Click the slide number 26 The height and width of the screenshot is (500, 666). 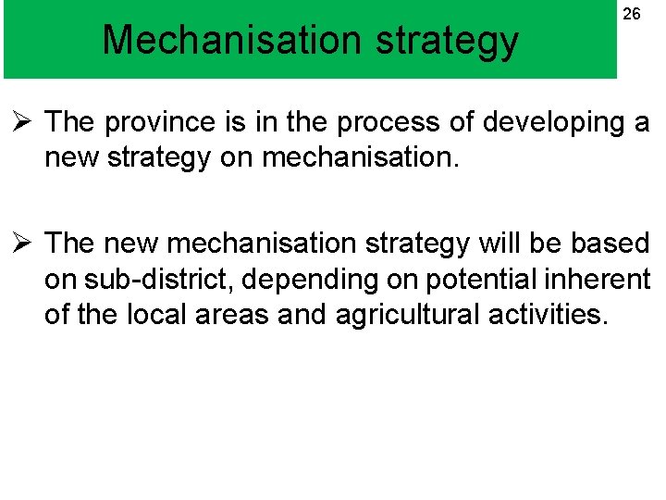click(x=631, y=14)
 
